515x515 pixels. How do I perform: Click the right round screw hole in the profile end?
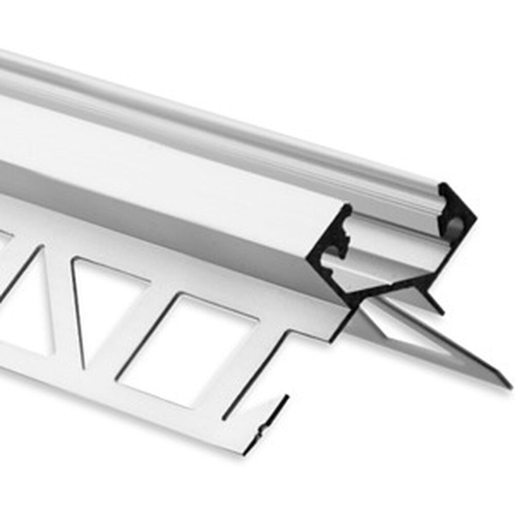pyautogui.click(x=455, y=225)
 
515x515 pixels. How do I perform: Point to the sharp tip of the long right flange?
pyautogui.click(x=510, y=385)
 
